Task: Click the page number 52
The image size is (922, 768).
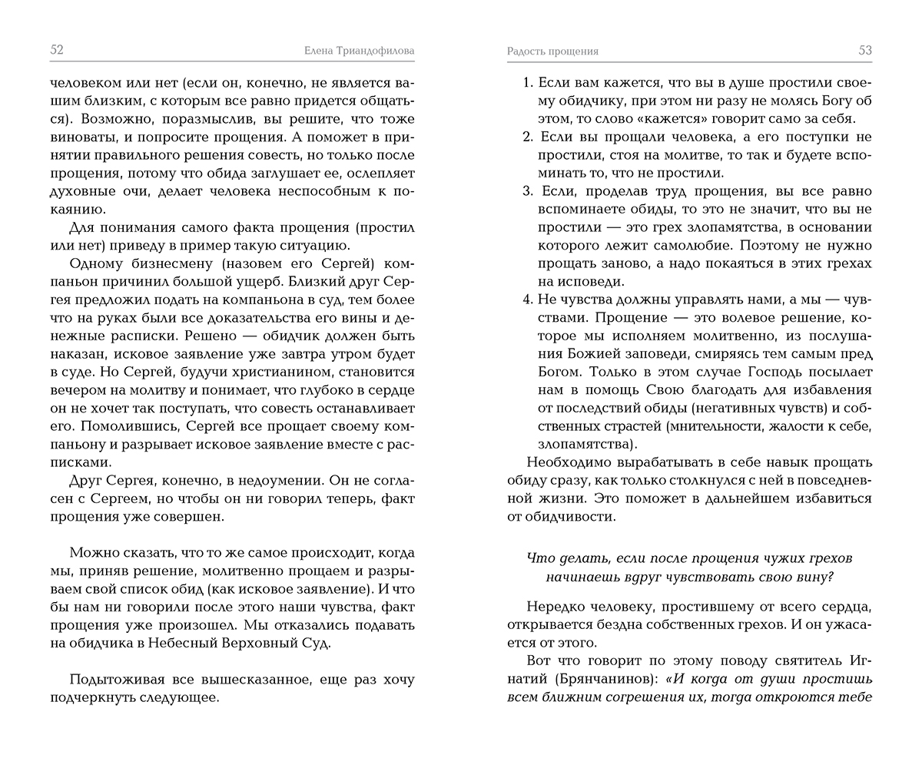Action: click(x=56, y=50)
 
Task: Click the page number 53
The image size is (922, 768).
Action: click(x=865, y=51)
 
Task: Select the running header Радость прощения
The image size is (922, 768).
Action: click(x=552, y=51)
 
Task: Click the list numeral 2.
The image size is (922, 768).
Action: click(x=527, y=137)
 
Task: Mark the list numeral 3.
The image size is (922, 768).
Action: click(x=527, y=191)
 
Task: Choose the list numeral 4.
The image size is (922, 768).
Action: click(x=527, y=300)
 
